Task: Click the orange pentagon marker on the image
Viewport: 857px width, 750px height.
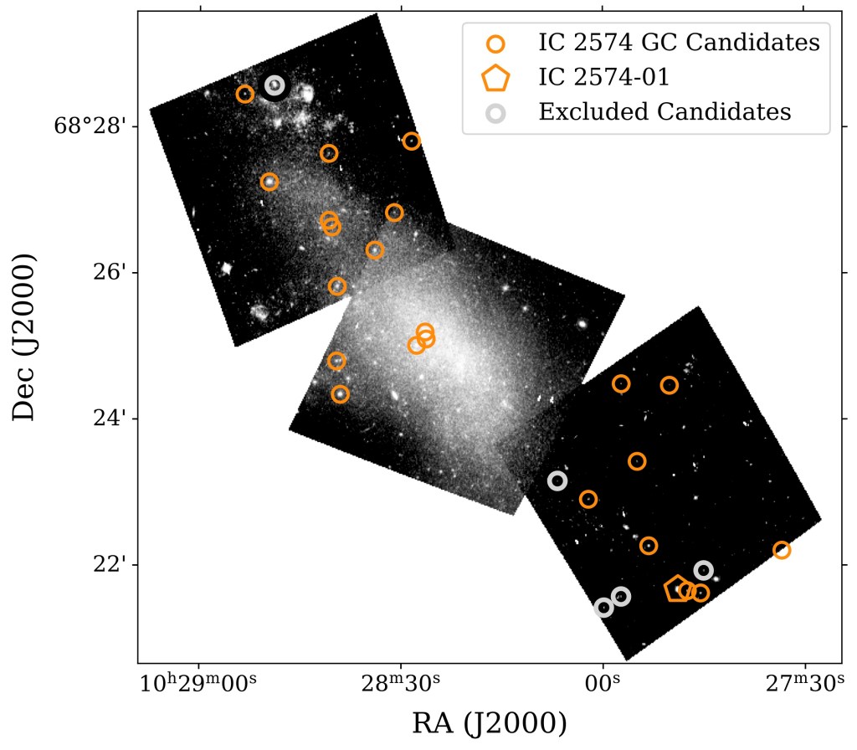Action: (x=678, y=589)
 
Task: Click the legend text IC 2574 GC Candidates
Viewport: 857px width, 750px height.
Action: (x=679, y=42)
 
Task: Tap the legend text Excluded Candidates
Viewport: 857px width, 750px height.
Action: (x=665, y=111)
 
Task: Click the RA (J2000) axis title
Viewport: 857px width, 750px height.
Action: (x=489, y=722)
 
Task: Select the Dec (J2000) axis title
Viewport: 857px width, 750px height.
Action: (x=25, y=338)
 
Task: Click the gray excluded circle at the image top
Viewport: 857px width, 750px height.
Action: (x=275, y=85)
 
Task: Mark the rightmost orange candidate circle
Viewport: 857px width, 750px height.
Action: (x=782, y=550)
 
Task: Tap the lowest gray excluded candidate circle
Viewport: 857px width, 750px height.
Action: (x=603, y=608)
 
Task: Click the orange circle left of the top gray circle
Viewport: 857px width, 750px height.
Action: (x=245, y=94)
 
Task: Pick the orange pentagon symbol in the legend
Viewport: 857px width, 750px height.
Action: (x=495, y=78)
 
